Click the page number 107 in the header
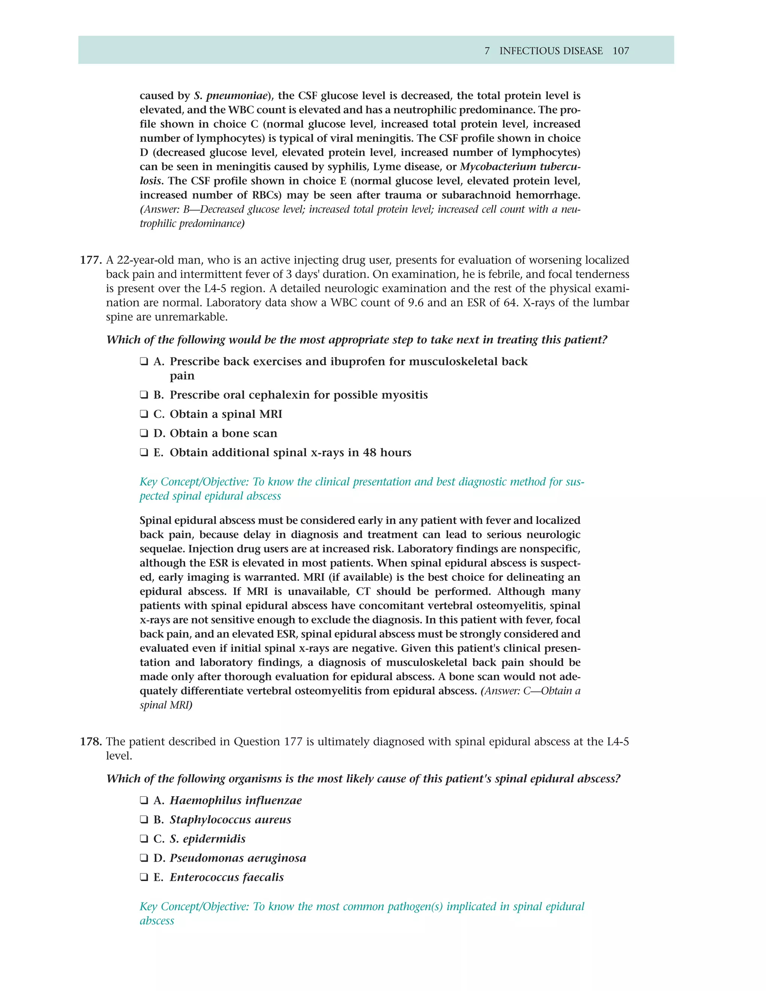(621, 51)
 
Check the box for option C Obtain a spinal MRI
(144, 414)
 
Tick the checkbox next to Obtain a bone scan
(144, 433)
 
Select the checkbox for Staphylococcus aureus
(144, 819)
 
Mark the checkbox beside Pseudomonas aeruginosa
(144, 858)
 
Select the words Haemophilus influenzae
(236, 800)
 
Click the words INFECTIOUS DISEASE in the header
(551, 51)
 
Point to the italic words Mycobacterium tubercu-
(520, 166)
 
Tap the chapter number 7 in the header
(487, 51)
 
